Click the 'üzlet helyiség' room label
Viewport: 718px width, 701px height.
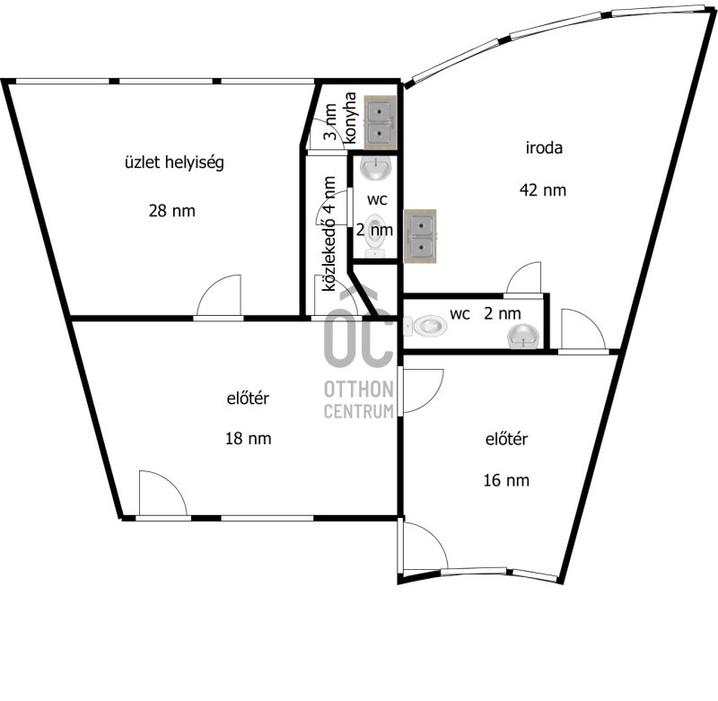tap(174, 163)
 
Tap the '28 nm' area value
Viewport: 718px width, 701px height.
tap(171, 211)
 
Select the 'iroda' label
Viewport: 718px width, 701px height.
tap(544, 148)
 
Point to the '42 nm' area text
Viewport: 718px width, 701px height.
tap(543, 190)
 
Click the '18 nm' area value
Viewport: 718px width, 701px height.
tap(249, 439)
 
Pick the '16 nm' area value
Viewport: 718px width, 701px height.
tap(506, 480)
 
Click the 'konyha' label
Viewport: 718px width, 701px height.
tap(350, 118)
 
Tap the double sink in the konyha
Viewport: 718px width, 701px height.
tap(380, 122)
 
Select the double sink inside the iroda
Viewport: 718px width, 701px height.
tap(420, 236)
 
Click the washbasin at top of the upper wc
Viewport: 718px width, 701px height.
tap(376, 168)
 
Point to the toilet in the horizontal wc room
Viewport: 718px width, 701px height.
tap(425, 327)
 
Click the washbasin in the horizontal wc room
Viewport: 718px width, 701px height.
tap(523, 336)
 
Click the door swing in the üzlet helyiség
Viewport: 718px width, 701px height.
tap(219, 295)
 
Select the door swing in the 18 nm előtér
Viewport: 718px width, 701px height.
tap(163, 493)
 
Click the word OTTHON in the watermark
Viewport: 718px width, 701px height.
tap(359, 390)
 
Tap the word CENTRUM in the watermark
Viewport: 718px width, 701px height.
tap(359, 411)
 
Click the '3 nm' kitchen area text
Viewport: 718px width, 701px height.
tap(330, 122)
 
